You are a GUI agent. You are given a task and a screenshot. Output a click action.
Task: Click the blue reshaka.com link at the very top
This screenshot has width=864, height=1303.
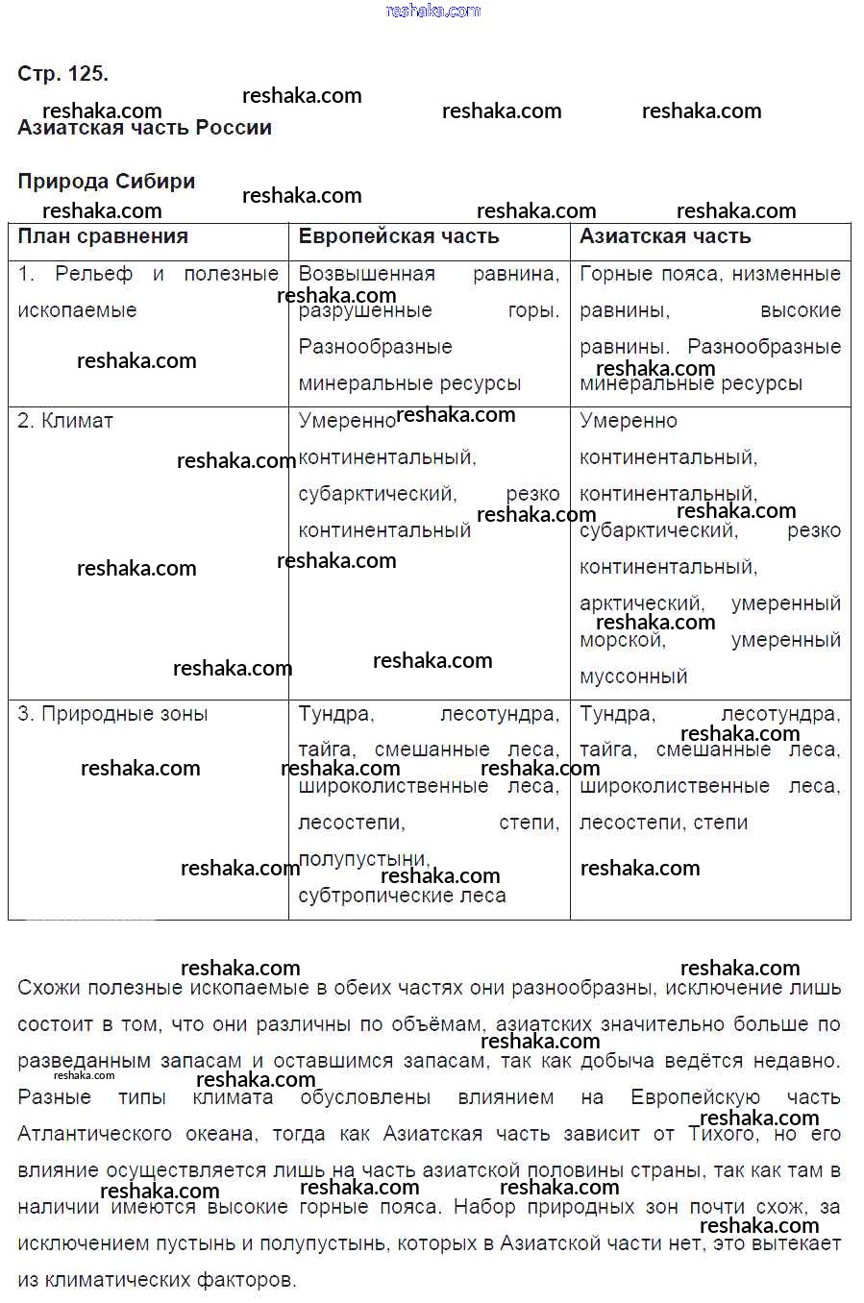[432, 11]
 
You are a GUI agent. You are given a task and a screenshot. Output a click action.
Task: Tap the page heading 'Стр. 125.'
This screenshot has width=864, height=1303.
[62, 74]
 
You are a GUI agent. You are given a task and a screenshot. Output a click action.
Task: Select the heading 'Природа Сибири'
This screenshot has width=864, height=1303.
[106, 182]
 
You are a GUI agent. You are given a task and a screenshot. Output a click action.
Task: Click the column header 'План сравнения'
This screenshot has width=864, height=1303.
[103, 236]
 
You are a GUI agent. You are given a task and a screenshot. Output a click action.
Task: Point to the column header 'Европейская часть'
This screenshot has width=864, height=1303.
[399, 236]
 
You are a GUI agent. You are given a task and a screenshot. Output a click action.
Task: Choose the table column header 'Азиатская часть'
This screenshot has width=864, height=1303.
[665, 236]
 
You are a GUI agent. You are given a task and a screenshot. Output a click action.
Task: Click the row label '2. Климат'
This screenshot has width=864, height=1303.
[65, 421]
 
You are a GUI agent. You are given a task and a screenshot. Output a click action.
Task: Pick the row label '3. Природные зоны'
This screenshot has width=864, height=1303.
[112, 714]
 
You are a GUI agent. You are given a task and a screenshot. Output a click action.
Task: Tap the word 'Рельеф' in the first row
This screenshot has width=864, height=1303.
[93, 274]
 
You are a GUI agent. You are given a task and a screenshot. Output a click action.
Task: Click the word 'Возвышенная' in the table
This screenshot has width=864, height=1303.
[366, 274]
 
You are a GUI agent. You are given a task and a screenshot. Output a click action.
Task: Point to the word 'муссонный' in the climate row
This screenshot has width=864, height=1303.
[633, 676]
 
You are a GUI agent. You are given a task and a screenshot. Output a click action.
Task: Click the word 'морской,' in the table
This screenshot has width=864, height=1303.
[623, 641]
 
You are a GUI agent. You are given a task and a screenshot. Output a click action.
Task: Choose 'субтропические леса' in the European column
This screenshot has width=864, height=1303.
[402, 896]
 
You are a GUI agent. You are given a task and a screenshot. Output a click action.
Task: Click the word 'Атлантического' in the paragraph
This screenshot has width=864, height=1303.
[94, 1134]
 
